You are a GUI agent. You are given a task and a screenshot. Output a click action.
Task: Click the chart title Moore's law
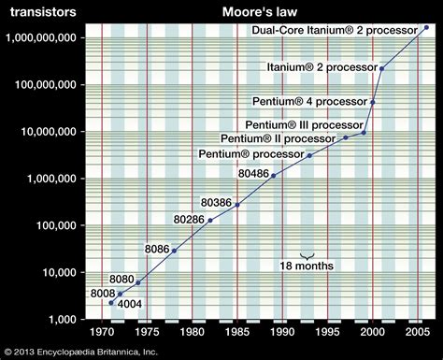point(260,12)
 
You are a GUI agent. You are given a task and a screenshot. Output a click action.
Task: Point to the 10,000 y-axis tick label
point(58,272)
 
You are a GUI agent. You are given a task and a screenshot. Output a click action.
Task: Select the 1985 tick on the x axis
point(237,331)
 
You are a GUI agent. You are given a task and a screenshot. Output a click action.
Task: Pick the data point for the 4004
point(110,303)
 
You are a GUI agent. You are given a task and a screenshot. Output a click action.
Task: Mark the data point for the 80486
point(274,176)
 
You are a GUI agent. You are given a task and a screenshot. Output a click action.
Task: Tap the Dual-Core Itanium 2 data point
point(427,28)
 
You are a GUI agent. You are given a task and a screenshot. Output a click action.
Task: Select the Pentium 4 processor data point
point(373,102)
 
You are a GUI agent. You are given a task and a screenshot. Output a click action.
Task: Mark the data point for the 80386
point(237,205)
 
